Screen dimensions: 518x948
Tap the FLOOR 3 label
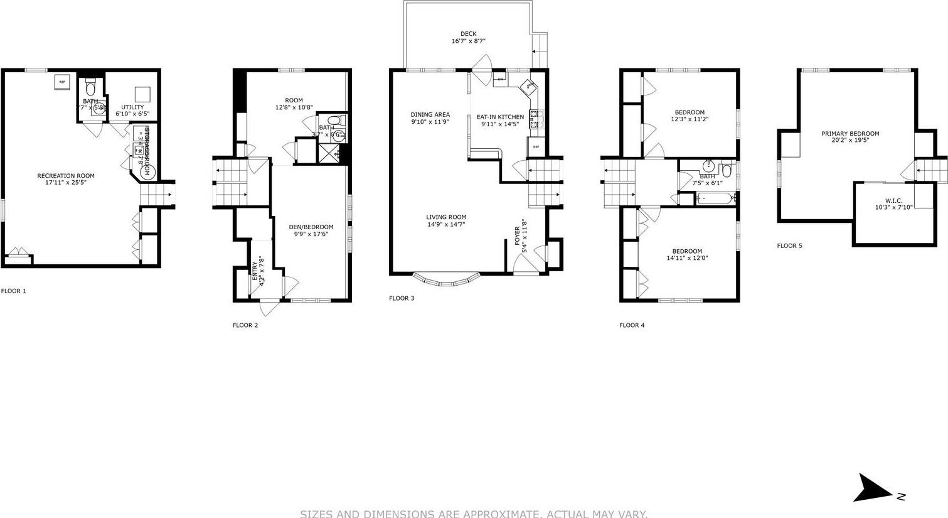[402, 298]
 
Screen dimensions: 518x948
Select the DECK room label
[468, 34]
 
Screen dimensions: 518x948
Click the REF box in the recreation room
[62, 82]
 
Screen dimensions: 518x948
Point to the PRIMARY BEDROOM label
[850, 134]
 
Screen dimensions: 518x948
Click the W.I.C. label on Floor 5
[893, 200]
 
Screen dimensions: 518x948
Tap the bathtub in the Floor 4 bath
[715, 198]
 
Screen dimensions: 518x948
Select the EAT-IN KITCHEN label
[500, 117]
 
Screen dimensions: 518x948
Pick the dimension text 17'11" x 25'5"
[65, 183]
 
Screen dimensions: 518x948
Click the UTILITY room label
[132, 107]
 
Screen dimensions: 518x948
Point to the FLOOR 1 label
[14, 291]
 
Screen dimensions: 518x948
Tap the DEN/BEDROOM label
[311, 227]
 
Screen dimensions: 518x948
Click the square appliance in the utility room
[143, 94]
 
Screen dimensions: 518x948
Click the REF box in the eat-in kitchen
[536, 147]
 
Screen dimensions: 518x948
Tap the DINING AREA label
[430, 114]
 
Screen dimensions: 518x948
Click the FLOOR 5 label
[789, 246]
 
